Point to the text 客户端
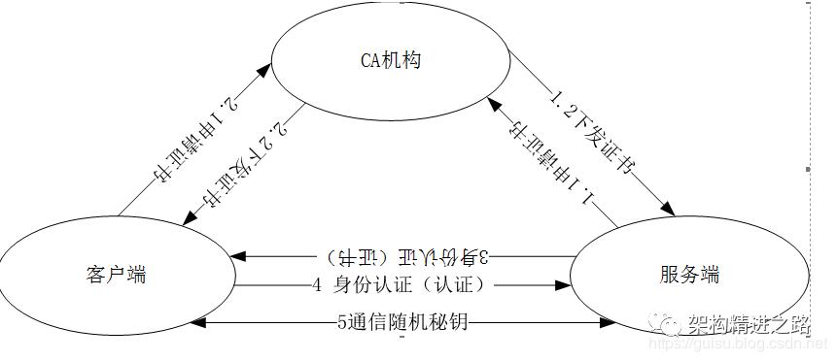coord(116,275)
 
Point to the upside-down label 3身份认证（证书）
coord(408,257)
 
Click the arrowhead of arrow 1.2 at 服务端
coord(670,210)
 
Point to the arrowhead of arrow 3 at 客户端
coord(239,257)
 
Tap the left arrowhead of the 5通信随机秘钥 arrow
coord(210,322)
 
